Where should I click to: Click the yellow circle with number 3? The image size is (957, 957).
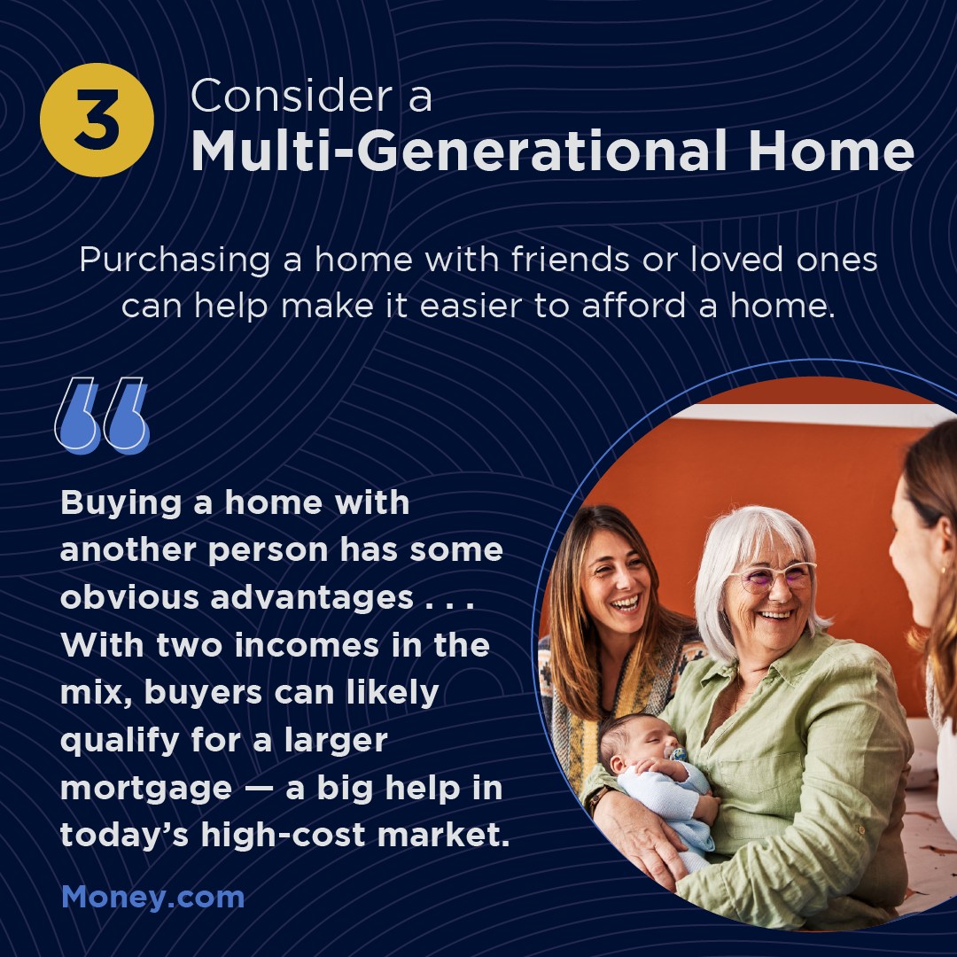[x=97, y=120]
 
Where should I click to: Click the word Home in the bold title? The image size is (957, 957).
[x=831, y=150]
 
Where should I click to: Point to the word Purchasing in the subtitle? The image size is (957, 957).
[x=175, y=261]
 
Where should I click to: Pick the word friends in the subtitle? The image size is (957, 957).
[x=570, y=259]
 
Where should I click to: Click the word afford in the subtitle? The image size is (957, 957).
[x=634, y=305]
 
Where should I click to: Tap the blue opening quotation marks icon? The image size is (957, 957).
[x=102, y=415]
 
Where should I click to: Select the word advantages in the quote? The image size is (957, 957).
[x=312, y=597]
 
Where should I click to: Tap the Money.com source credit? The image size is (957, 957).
[x=153, y=897]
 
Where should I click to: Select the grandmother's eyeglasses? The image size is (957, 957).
[x=773, y=576]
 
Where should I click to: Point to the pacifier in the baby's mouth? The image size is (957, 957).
[x=678, y=753]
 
